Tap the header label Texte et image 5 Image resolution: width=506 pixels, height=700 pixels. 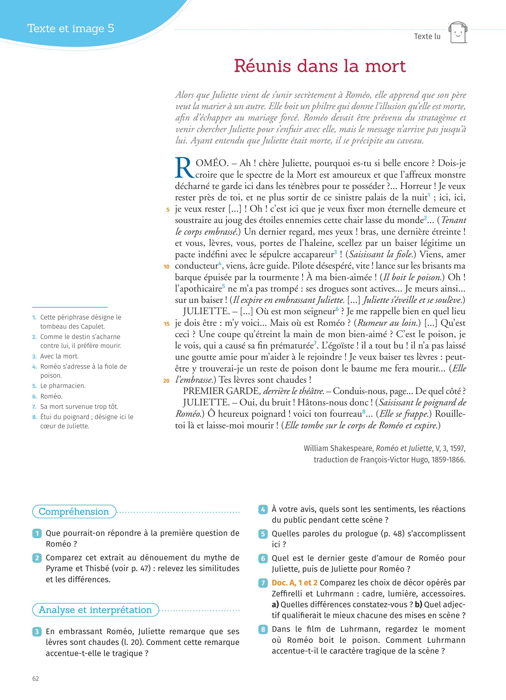tap(71, 28)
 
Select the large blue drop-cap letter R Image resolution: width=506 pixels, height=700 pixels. tap(184, 168)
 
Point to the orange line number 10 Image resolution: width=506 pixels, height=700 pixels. tap(167, 267)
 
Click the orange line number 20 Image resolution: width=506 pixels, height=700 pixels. tap(166, 381)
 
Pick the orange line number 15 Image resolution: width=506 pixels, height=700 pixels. tap(167, 324)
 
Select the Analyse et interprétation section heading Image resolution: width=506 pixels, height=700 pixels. tap(95, 610)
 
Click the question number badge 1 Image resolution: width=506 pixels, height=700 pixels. tap(37, 533)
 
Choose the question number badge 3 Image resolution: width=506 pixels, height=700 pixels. tap(37, 632)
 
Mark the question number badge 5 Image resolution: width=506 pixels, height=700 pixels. tap(263, 534)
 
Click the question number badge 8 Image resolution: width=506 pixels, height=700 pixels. tap(263, 629)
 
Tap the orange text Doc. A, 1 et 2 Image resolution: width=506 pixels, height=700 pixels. tap(294, 583)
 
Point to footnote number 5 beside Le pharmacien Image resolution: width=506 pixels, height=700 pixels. tap(34, 386)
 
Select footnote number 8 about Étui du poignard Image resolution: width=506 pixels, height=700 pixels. tap(34, 417)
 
